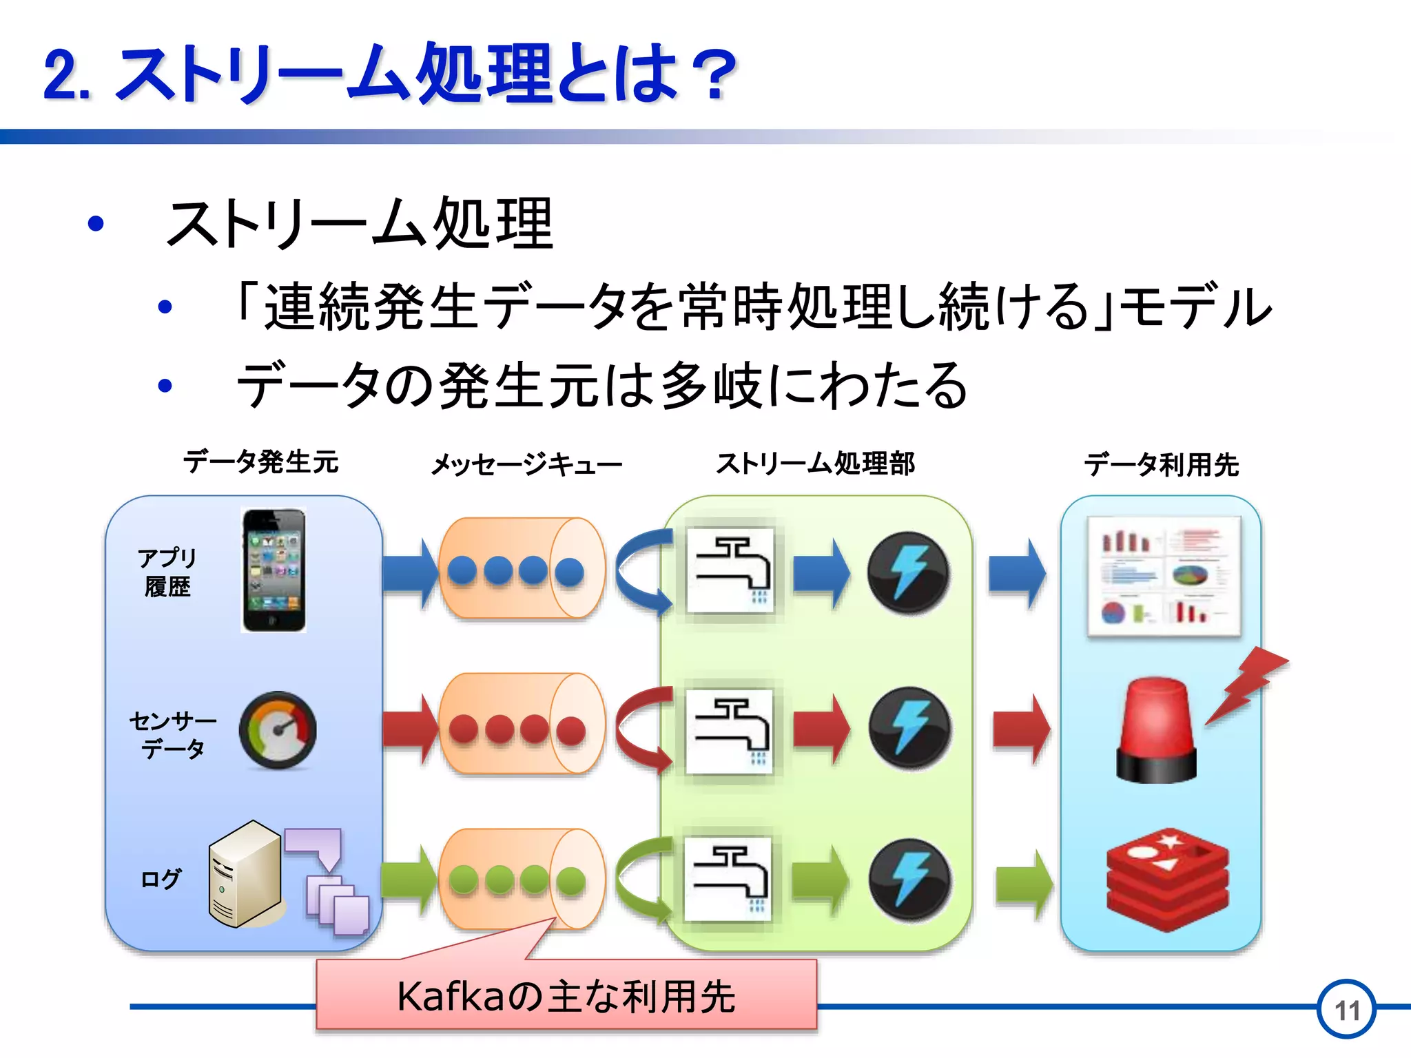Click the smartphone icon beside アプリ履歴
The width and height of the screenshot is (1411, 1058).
[274, 570]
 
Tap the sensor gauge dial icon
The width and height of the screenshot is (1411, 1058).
[278, 730]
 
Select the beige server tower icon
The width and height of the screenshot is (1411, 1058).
[245, 874]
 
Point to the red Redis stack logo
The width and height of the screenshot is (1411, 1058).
[1168, 880]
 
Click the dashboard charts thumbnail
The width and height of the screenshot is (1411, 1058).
[1164, 576]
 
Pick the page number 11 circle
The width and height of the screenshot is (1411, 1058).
[1346, 1009]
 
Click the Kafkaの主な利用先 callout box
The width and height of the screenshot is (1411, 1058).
[566, 995]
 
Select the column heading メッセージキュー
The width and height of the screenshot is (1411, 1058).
[526, 464]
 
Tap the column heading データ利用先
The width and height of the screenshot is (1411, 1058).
[1161, 464]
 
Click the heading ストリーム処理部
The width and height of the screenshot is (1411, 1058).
[815, 464]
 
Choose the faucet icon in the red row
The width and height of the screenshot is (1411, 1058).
[730, 730]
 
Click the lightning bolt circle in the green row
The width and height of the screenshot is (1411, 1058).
[909, 880]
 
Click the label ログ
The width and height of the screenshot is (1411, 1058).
[160, 879]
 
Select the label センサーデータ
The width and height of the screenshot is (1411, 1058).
[172, 734]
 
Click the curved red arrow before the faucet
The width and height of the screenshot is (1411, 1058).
[640, 729]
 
